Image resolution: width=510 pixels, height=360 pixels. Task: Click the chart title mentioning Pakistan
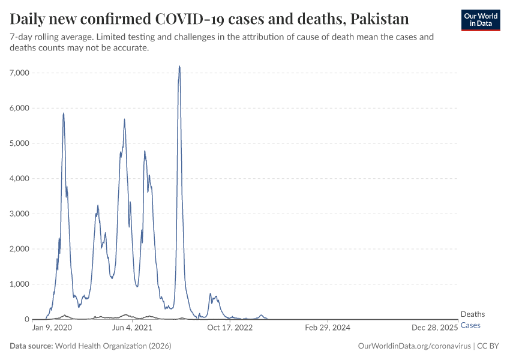click(x=209, y=19)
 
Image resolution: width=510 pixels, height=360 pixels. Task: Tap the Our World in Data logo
click(x=480, y=20)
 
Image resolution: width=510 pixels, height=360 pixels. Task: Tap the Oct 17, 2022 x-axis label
click(x=227, y=328)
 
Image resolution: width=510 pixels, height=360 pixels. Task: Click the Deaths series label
click(x=472, y=314)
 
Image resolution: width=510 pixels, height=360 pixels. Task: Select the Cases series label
click(x=470, y=325)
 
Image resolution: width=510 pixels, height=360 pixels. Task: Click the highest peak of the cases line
click(x=179, y=66)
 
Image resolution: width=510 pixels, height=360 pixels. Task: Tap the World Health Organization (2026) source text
click(x=113, y=346)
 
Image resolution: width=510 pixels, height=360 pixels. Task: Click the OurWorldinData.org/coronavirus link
click(x=413, y=346)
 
